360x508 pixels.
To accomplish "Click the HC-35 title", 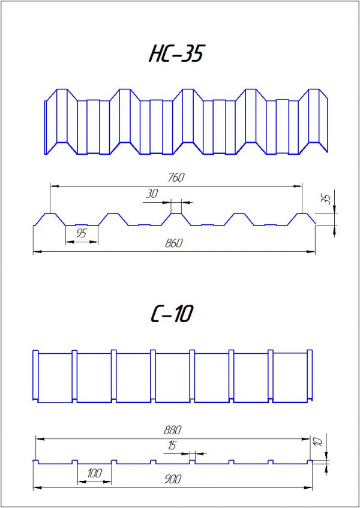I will [x=175, y=54].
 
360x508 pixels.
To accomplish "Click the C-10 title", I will [x=171, y=314].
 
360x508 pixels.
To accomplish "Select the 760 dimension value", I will [x=176, y=177].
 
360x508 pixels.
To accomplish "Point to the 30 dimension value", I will [x=153, y=194].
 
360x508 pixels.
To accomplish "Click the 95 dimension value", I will [x=81, y=233].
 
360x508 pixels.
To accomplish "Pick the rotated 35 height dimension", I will [x=326, y=200].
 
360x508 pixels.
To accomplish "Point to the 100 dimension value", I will [x=94, y=473].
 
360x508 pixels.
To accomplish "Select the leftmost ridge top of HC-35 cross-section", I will [x=49, y=213].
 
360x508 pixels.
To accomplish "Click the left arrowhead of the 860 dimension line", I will [x=36, y=252].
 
